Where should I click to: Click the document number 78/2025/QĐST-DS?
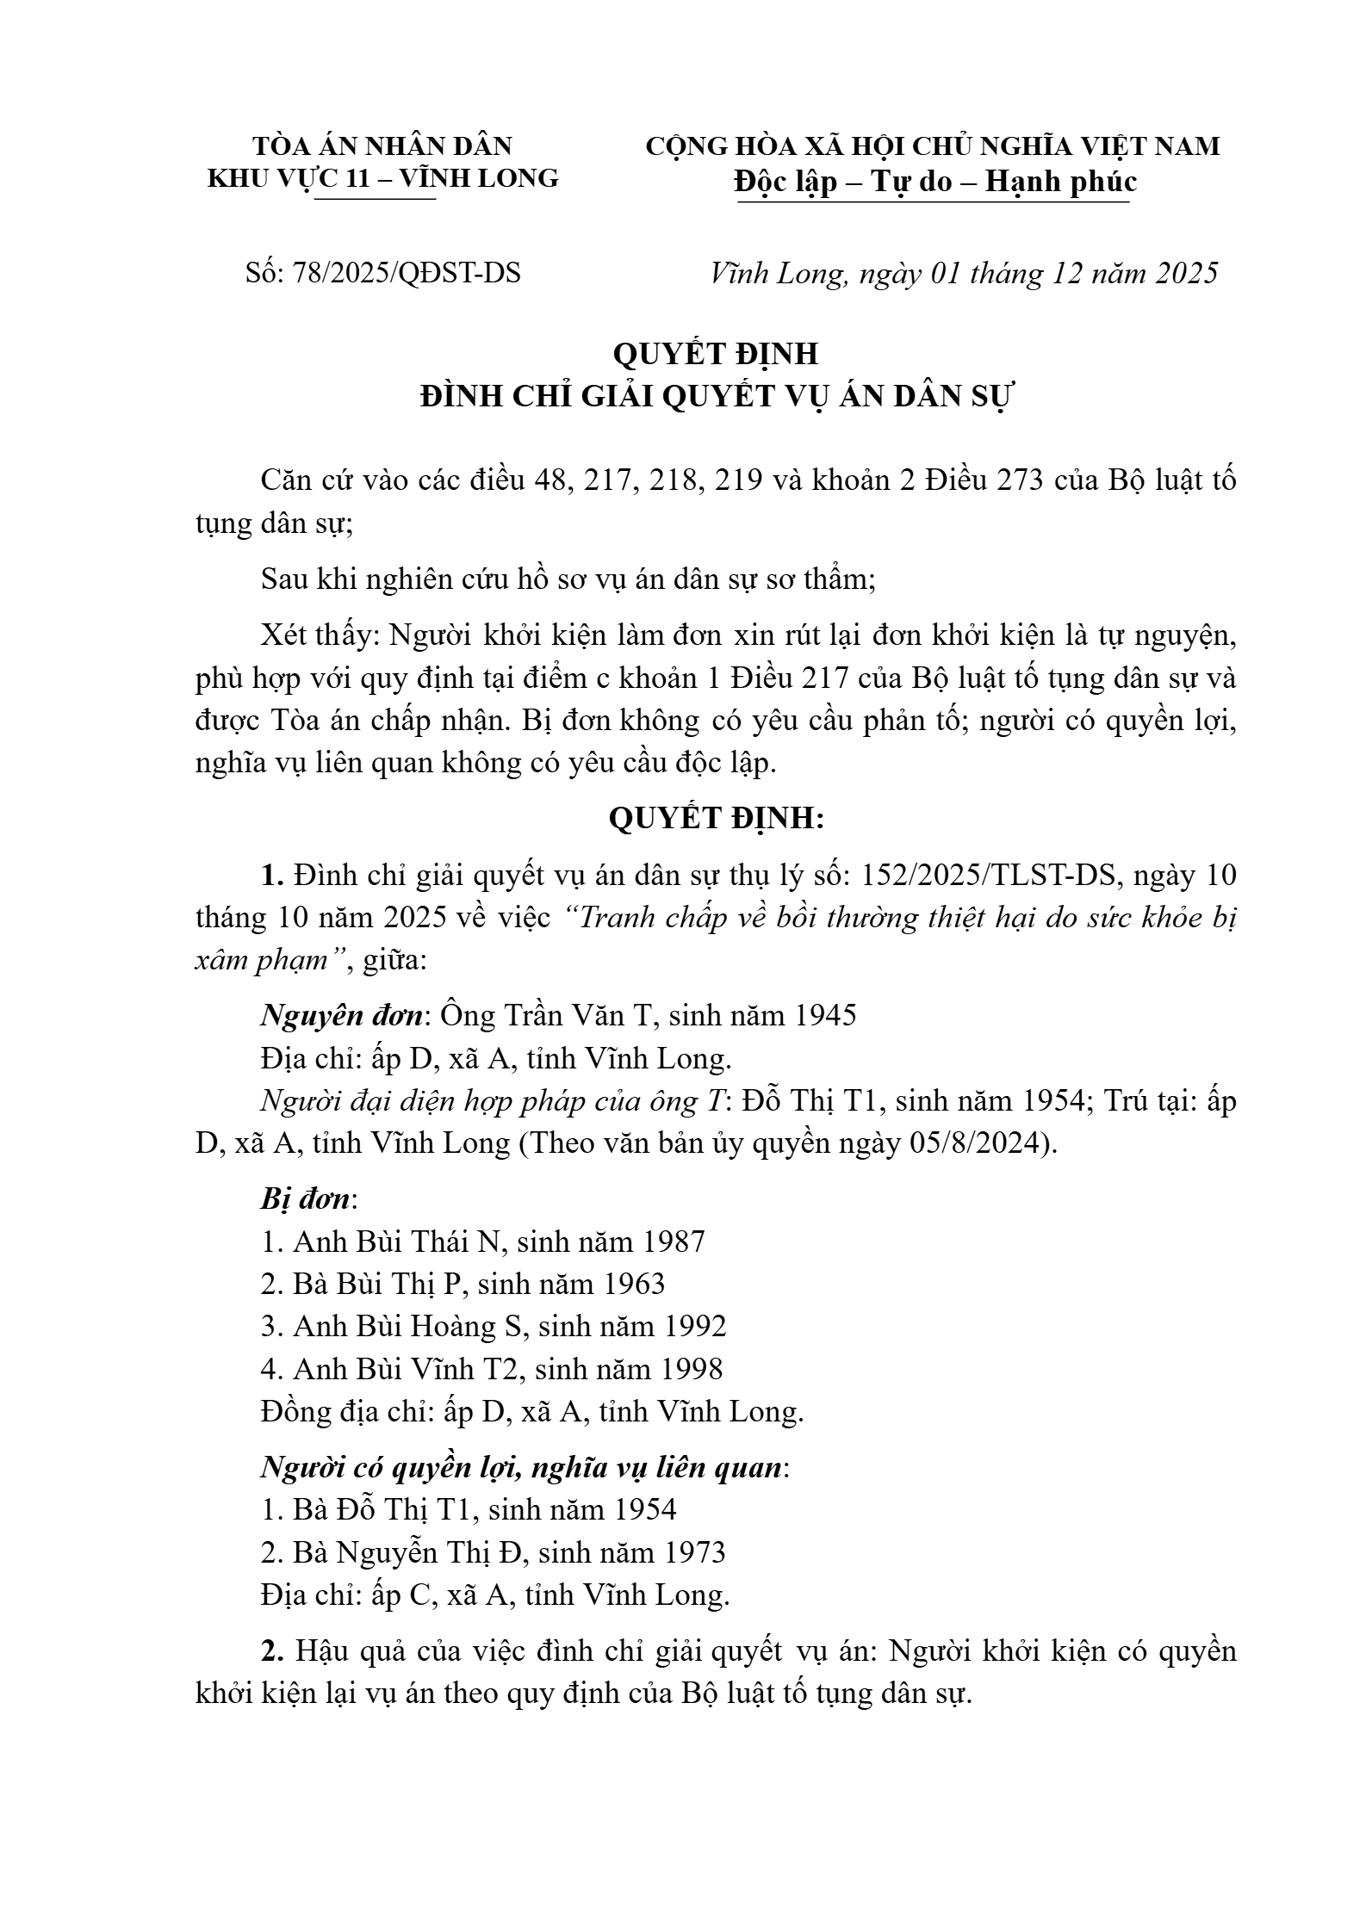pyautogui.click(x=407, y=273)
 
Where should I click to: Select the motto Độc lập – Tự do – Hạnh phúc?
pyautogui.click(x=934, y=182)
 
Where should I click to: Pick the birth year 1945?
pyautogui.click(x=824, y=1016)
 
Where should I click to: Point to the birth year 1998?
pyautogui.click(x=691, y=1369)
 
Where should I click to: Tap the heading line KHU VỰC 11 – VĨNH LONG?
pyautogui.click(x=383, y=178)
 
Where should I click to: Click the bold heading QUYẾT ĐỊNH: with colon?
pyautogui.click(x=717, y=818)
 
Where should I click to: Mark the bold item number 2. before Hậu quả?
pyautogui.click(x=273, y=1651)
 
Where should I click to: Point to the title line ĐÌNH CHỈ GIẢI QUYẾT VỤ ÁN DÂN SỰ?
pyautogui.click(x=717, y=397)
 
